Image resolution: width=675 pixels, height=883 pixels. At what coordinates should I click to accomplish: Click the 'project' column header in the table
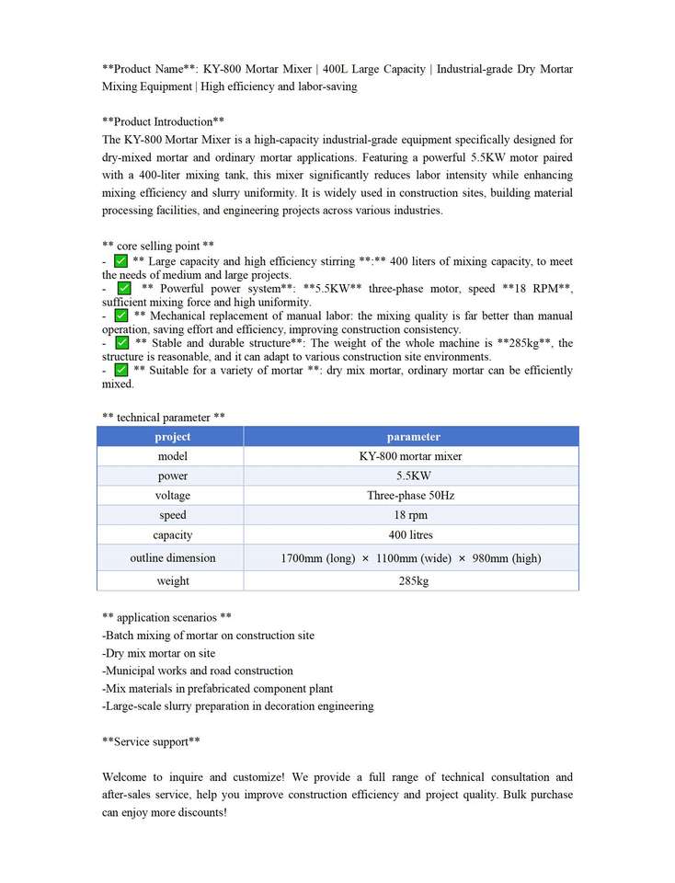pyautogui.click(x=172, y=437)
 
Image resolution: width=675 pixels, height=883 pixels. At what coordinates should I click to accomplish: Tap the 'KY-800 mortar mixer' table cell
pyautogui.click(x=410, y=456)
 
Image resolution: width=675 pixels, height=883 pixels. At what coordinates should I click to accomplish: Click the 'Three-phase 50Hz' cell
pyautogui.click(x=410, y=496)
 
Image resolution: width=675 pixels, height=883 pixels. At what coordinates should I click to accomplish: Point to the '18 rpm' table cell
pyautogui.click(x=410, y=515)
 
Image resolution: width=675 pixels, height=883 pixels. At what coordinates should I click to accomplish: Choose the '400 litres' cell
pyautogui.click(x=410, y=535)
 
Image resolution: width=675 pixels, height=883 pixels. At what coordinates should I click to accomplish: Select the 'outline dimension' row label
pyautogui.click(x=172, y=558)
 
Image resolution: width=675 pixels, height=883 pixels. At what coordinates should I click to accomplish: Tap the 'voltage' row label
pyautogui.click(x=172, y=496)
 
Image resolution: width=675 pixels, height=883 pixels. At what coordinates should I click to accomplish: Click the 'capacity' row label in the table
pyautogui.click(x=172, y=535)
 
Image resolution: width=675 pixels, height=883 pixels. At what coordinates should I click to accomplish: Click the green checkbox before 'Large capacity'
pyautogui.click(x=121, y=261)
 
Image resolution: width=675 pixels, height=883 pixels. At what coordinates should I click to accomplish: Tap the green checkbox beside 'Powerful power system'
pyautogui.click(x=125, y=289)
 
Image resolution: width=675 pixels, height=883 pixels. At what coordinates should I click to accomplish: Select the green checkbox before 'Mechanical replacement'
pyautogui.click(x=121, y=315)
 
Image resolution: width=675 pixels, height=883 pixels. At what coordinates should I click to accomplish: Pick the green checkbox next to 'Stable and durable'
pyautogui.click(x=121, y=343)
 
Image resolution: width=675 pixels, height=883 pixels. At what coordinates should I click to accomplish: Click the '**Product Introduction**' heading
pyautogui.click(x=164, y=122)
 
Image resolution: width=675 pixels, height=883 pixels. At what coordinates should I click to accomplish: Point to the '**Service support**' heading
pyautogui.click(x=152, y=742)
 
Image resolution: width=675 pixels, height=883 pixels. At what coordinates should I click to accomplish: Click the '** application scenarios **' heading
pyautogui.click(x=166, y=618)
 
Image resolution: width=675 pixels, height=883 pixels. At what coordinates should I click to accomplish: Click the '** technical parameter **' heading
pyautogui.click(x=164, y=418)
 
